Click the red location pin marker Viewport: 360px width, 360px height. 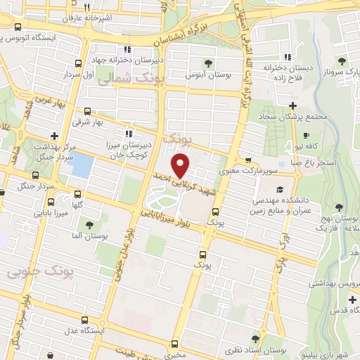(181, 166)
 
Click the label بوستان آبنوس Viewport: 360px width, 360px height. (205, 74)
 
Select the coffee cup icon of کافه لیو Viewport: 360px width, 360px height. (306, 135)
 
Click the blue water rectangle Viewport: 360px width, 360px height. (82, 167)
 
